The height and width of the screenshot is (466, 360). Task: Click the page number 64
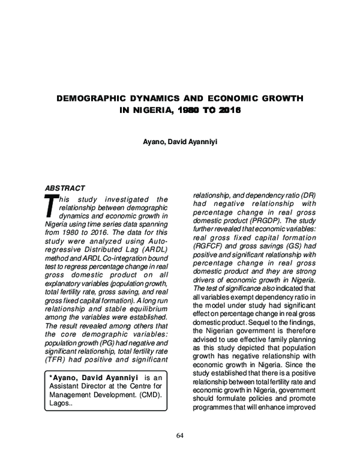[179, 435]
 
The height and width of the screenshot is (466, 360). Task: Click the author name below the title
[179, 144]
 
